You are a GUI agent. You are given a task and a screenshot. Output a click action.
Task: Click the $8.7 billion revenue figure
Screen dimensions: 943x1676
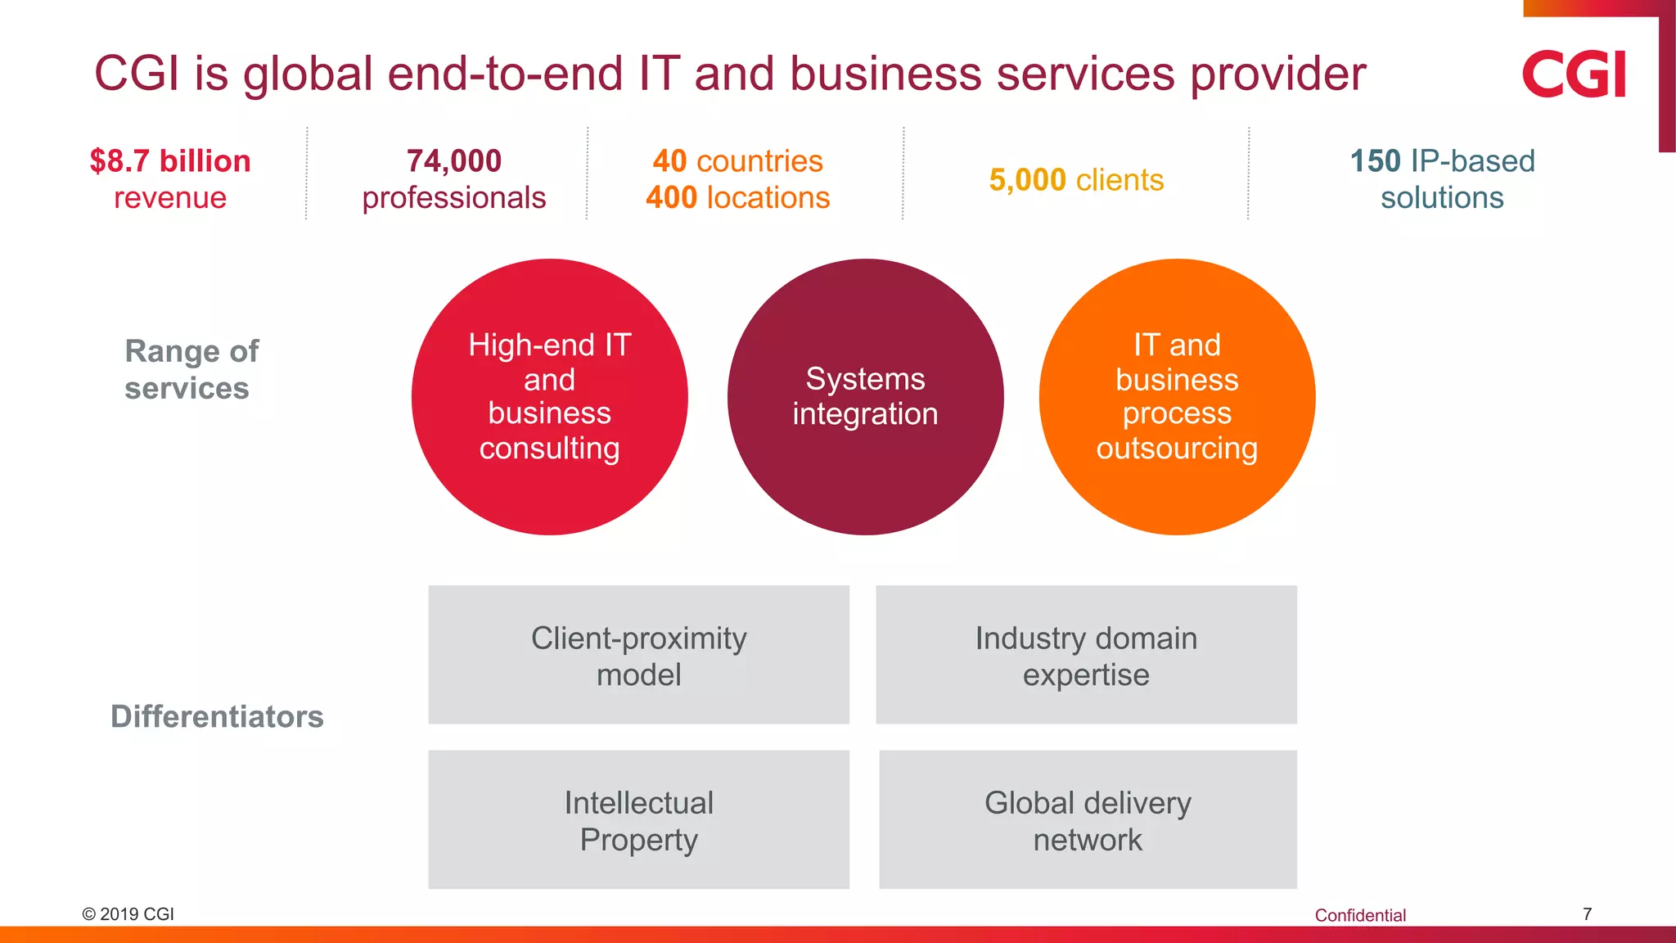(x=170, y=161)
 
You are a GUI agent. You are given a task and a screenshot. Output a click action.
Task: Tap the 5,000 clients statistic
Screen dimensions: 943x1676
(x=1075, y=180)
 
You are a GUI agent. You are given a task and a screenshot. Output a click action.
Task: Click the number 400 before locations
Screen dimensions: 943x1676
(x=671, y=198)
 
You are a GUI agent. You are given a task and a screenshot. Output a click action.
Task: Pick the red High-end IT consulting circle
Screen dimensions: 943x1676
(x=550, y=397)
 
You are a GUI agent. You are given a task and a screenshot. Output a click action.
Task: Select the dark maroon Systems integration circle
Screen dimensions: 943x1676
(x=865, y=397)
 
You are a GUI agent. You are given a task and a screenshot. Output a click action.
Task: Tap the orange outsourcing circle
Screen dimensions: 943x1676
(x=1177, y=397)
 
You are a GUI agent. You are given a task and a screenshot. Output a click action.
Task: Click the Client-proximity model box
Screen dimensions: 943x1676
(x=638, y=655)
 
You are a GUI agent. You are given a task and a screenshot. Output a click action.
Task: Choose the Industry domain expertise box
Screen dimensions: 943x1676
(x=1086, y=655)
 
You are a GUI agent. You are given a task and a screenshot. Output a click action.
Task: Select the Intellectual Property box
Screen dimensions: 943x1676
(x=638, y=819)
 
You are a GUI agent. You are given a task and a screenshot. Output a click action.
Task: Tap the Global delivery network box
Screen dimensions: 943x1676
(x=1088, y=819)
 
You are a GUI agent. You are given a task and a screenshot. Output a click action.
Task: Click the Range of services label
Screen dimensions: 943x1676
(x=191, y=369)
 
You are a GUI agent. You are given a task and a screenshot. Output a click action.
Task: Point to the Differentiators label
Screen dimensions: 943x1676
(x=217, y=716)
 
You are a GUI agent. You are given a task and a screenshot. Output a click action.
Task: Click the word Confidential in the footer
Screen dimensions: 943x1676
(x=1360, y=915)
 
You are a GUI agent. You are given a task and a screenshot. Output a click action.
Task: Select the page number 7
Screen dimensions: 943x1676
(x=1587, y=914)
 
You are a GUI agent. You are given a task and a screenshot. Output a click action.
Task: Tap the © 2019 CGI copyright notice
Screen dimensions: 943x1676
(x=128, y=914)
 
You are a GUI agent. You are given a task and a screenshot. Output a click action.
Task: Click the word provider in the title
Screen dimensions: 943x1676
(x=1277, y=74)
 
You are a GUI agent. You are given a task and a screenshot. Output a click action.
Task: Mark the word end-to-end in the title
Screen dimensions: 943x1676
(x=504, y=74)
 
